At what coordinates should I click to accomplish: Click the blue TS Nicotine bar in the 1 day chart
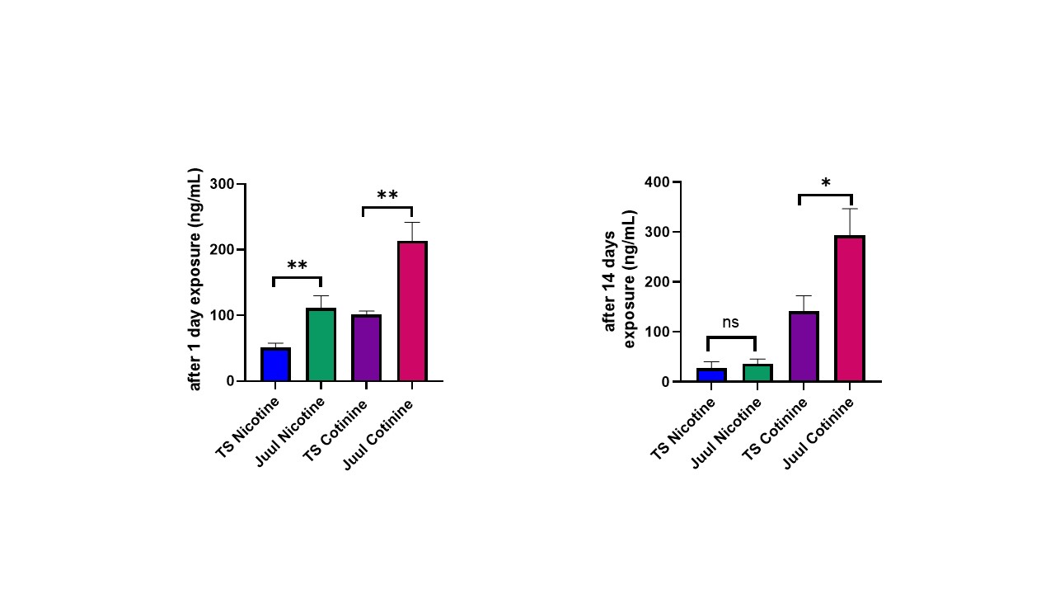pyautogui.click(x=275, y=365)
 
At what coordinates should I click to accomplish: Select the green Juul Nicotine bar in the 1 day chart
pyautogui.click(x=321, y=345)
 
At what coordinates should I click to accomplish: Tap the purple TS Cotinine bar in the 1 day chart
pyautogui.click(x=366, y=348)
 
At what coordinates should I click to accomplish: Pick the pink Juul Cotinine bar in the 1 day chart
pyautogui.click(x=412, y=311)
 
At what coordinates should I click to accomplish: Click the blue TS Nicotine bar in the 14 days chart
pyautogui.click(x=711, y=375)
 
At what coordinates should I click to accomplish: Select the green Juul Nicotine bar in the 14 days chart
pyautogui.click(x=757, y=373)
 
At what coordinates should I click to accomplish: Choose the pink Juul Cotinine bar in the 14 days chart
pyautogui.click(x=849, y=309)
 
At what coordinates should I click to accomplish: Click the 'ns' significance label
pyautogui.click(x=731, y=323)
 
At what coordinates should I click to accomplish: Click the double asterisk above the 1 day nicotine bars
pyautogui.click(x=297, y=266)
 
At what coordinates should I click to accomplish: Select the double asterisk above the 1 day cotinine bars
pyautogui.click(x=387, y=196)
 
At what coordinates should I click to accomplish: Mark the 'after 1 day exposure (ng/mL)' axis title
pyautogui.click(x=195, y=280)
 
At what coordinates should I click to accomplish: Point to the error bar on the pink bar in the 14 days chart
pyautogui.click(x=849, y=221)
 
